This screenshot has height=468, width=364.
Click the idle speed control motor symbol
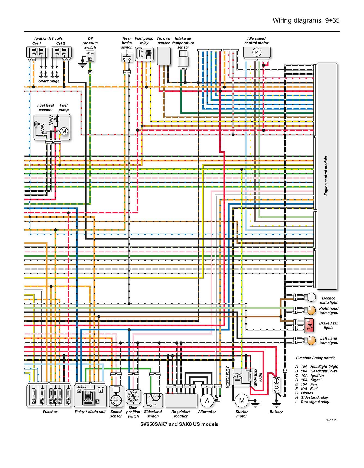point(257,53)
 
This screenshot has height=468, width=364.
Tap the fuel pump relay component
point(144,54)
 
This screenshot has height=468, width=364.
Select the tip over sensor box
point(164,56)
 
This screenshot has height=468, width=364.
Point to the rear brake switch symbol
point(127,58)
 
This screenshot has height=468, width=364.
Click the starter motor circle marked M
point(242,400)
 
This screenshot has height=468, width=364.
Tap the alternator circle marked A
point(207,400)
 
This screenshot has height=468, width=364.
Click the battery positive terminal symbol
point(276,381)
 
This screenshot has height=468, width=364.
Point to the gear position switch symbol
point(133,397)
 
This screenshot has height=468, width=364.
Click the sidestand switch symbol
point(153,400)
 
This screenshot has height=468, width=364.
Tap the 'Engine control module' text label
point(326,176)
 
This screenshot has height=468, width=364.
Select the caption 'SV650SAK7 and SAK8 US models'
point(179,424)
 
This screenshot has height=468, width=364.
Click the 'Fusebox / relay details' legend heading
point(316,358)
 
